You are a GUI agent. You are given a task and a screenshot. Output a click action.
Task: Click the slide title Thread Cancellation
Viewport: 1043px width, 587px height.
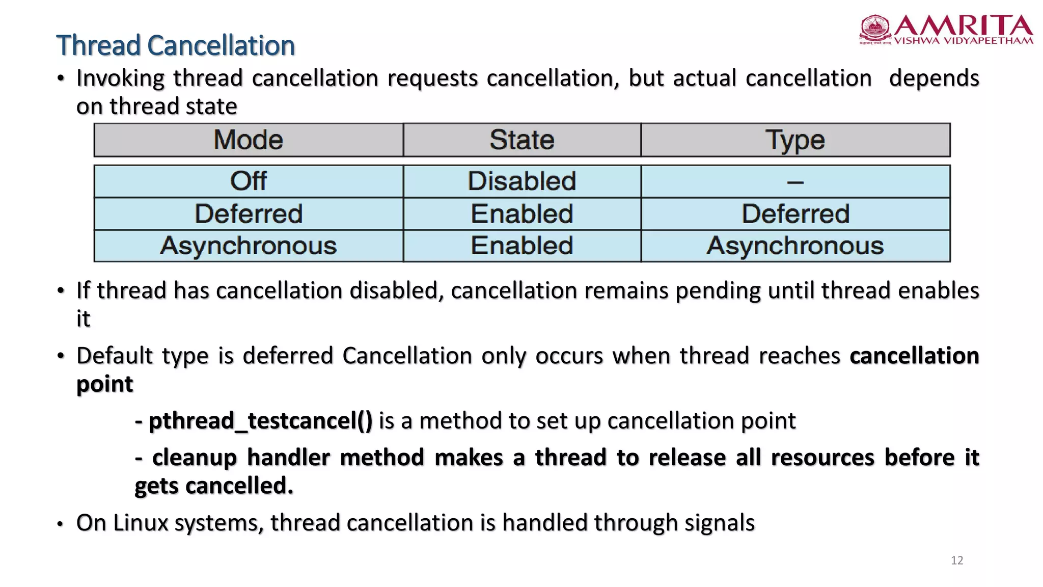point(175,45)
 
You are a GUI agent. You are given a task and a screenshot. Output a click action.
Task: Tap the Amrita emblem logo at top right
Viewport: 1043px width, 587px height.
point(875,29)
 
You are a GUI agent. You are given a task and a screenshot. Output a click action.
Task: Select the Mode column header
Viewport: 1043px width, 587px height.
point(248,140)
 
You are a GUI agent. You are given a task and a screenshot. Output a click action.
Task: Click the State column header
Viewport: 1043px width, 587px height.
point(522,140)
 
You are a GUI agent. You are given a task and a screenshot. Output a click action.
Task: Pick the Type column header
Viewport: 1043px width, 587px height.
point(795,140)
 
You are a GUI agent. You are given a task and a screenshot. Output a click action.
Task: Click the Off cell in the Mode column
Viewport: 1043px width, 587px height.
point(248,181)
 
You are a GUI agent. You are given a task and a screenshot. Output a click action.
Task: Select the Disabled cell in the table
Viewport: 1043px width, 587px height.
point(522,181)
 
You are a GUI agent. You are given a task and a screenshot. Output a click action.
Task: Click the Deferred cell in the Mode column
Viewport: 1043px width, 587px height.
point(248,214)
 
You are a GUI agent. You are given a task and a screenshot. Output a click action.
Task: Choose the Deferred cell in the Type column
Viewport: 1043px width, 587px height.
point(795,214)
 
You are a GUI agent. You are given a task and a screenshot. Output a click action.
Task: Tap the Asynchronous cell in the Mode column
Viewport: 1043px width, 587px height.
point(248,246)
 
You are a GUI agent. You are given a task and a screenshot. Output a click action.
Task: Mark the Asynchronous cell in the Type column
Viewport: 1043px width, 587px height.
point(795,246)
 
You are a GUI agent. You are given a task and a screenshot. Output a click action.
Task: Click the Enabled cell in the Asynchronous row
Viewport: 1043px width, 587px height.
point(522,246)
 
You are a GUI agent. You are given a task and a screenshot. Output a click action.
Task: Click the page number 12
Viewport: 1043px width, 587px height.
point(957,561)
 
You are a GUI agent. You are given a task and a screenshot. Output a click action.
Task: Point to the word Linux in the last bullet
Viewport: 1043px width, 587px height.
point(141,523)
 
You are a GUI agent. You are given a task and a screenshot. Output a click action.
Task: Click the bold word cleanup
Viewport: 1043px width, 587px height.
point(195,458)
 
